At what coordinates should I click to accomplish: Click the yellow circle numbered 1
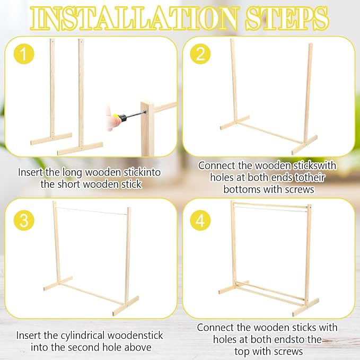tap(24, 54)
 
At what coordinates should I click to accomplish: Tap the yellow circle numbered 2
tap(200, 54)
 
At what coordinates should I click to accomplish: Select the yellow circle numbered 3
tap(24, 220)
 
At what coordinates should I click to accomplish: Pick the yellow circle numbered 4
tap(200, 220)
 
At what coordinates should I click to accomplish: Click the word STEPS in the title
tap(287, 19)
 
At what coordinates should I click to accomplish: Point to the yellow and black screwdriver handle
tap(120, 118)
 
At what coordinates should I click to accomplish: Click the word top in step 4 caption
tap(242, 352)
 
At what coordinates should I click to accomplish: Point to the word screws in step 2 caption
tap(300, 190)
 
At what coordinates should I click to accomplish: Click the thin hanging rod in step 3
tap(91, 211)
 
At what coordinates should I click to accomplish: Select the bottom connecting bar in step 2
tap(270, 133)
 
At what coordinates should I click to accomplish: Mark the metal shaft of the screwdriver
tap(137, 114)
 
